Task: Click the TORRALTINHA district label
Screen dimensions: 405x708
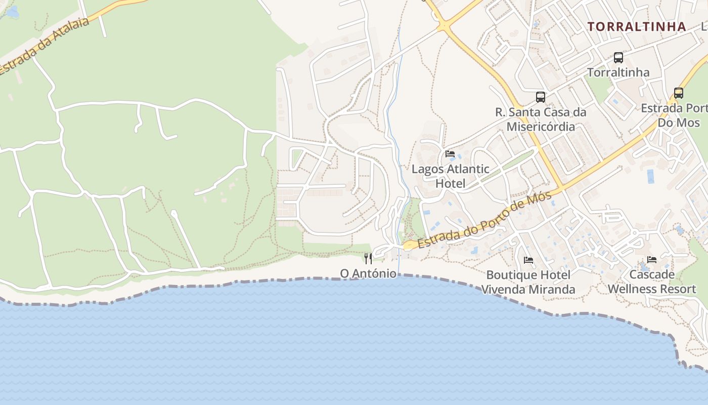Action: tap(637, 27)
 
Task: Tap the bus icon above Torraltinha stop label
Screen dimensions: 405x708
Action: tap(618, 58)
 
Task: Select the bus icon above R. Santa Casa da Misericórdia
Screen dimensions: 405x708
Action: tap(541, 97)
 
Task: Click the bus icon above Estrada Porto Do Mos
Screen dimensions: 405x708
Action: tap(679, 93)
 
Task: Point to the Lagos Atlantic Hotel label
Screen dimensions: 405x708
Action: tap(450, 176)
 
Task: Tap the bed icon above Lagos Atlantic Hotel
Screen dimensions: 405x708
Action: tap(450, 154)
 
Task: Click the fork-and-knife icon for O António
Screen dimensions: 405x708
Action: tap(368, 259)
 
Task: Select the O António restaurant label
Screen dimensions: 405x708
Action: tap(368, 273)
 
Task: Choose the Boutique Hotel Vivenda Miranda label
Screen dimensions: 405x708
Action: tap(528, 282)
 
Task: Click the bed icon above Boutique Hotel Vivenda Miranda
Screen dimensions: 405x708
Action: tap(528, 260)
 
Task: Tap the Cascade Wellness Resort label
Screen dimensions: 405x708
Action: tap(652, 281)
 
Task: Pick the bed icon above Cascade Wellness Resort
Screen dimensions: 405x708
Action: tap(652, 260)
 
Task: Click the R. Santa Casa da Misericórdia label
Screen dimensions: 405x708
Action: tap(541, 119)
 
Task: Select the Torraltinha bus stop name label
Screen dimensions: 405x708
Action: tap(618, 72)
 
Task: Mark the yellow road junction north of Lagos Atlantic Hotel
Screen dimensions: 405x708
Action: tap(444, 25)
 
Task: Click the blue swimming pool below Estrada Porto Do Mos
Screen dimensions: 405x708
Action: tap(650, 176)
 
